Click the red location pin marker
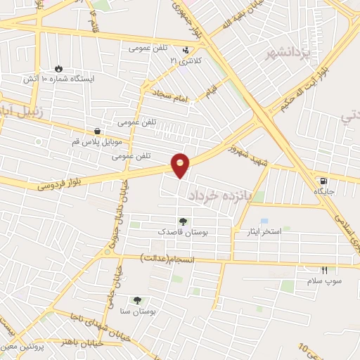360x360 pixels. [x=181, y=165]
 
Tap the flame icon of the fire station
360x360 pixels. [x=58, y=69]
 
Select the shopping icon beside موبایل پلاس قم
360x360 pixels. [x=97, y=131]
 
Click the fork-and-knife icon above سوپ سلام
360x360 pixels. [x=324, y=270]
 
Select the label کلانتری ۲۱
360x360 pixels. [x=185, y=61]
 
